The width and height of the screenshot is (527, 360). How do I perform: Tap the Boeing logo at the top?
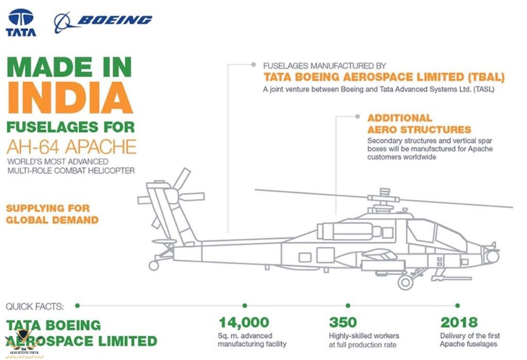(103, 22)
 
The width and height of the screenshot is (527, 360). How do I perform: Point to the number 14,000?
(244, 323)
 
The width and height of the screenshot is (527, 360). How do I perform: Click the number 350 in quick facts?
(343, 323)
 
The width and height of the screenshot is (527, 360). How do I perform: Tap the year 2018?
(459, 323)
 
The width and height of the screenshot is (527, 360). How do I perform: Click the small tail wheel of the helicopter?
(153, 265)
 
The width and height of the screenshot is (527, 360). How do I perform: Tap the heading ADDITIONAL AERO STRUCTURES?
(419, 123)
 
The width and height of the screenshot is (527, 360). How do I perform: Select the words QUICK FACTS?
(35, 307)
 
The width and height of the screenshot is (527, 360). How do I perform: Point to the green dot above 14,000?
(244, 305)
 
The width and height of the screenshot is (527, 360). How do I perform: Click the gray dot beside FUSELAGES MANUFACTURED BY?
(253, 65)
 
